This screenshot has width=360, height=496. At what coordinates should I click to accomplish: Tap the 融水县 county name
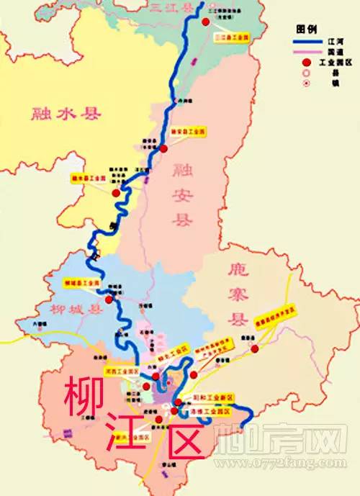click(67, 114)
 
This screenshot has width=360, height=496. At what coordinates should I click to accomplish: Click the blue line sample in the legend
click(309, 42)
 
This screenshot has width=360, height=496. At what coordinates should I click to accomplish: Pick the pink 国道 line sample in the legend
click(309, 53)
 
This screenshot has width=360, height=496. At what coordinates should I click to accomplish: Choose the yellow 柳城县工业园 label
click(78, 283)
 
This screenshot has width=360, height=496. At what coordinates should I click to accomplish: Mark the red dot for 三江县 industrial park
click(205, 22)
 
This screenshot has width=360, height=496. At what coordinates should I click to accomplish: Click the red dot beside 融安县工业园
click(164, 149)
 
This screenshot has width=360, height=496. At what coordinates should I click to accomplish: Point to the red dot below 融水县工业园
click(116, 193)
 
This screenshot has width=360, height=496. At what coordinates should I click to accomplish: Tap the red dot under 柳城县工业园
click(109, 299)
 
